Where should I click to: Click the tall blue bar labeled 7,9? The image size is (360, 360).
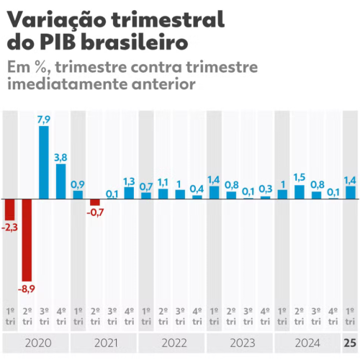click(x=43, y=162)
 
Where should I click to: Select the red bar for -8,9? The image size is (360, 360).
click(x=27, y=239)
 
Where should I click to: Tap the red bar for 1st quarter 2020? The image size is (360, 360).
click(x=9, y=209)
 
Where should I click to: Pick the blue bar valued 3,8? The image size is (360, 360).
click(x=60, y=181)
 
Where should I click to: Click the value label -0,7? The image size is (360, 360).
click(x=95, y=212)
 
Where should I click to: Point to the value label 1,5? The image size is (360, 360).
click(x=300, y=178)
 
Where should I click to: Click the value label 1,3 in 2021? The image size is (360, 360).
click(x=130, y=181)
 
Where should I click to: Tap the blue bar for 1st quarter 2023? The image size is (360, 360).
click(x=214, y=192)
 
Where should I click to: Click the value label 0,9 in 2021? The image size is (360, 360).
click(x=78, y=184)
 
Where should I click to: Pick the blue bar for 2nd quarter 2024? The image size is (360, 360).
click(x=300, y=192)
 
